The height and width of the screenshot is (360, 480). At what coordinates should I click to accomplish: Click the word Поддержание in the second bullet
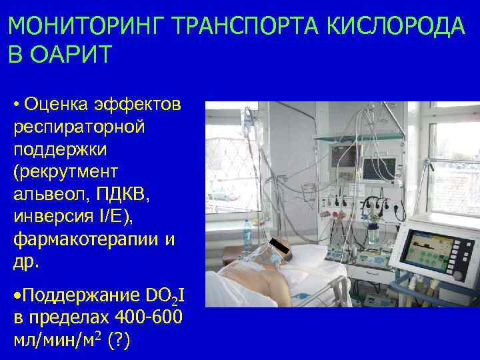pos(83,295)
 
